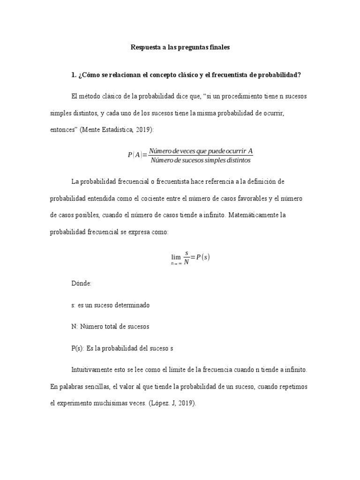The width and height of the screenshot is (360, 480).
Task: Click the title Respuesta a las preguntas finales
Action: pyautogui.click(x=180, y=48)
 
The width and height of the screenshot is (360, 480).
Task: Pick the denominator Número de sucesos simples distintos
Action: pyautogui.click(x=201, y=161)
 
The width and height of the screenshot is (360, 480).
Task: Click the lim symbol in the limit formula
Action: pyautogui.click(x=176, y=256)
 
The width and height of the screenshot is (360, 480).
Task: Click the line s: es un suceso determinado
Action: pyautogui.click(x=110, y=305)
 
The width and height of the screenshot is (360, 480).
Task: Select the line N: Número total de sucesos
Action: pyautogui.click(x=110, y=326)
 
